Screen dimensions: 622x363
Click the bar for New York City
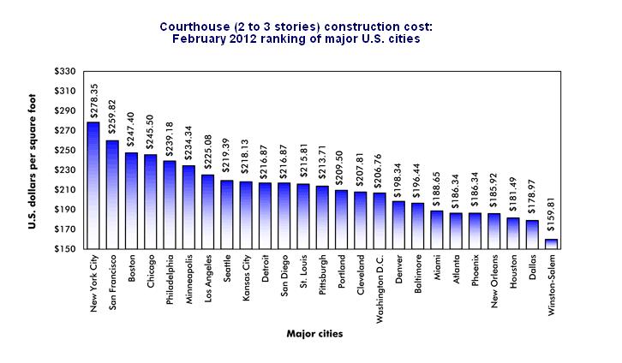[x=93, y=186]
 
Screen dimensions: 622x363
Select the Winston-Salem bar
[x=551, y=244]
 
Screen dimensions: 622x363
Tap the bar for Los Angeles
[x=207, y=212]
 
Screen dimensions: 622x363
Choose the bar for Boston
[x=131, y=201]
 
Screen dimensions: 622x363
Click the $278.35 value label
[x=93, y=101]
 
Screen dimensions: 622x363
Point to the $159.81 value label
[x=552, y=217]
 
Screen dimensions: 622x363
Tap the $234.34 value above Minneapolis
[x=188, y=144]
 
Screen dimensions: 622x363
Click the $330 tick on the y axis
[x=65, y=71]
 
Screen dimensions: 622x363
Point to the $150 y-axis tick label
[x=65, y=249]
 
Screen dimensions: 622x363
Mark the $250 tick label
[x=65, y=150]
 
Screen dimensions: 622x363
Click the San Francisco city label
[x=112, y=283]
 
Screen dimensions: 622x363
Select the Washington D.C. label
[x=380, y=289]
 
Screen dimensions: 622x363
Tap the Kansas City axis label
[x=246, y=277]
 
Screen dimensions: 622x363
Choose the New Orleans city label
[x=493, y=282]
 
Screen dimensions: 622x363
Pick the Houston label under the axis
[x=513, y=271]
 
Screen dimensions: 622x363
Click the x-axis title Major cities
[x=314, y=334]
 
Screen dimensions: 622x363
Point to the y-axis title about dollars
[x=33, y=161]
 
